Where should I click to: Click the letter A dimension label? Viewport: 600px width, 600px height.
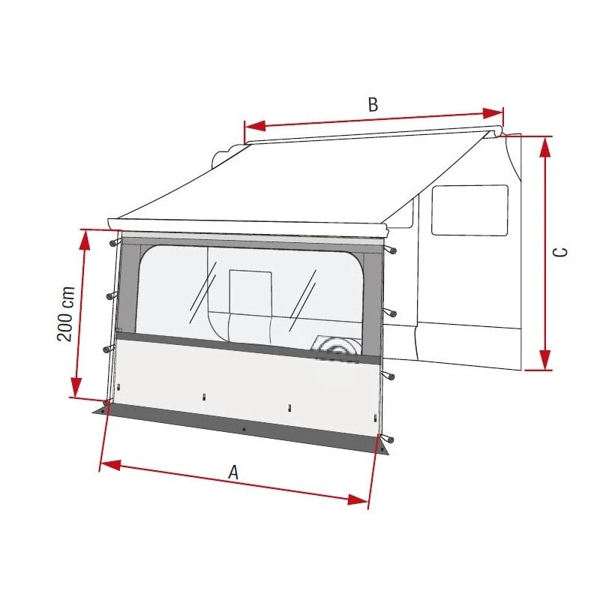tap(233, 472)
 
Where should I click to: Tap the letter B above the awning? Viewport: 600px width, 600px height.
tap(372, 105)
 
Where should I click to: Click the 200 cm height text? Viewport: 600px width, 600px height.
tap(66, 313)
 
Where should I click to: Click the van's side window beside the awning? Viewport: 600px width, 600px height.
tap(469, 210)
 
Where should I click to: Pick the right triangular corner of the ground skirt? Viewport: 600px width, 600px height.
tap(382, 448)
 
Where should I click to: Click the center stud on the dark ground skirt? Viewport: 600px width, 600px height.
tap(244, 430)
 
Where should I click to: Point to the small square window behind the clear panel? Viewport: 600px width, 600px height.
tap(250, 291)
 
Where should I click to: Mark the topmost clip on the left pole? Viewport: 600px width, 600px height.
tap(112, 243)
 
